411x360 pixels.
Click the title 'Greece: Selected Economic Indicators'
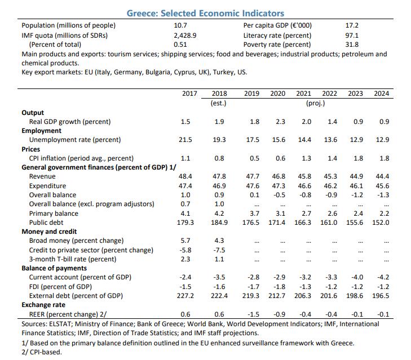pos(205,14)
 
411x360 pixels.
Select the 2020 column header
pos(277,94)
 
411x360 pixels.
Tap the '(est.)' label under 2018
pos(218,103)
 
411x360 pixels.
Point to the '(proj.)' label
pos(315,103)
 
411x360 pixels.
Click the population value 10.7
pos(180,25)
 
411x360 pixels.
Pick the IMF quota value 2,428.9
pos(185,35)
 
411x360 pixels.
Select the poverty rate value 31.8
pos(352,45)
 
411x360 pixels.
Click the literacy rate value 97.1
pos(352,35)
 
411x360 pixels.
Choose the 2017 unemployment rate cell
pos(185,140)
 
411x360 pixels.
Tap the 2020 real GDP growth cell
pos(280,122)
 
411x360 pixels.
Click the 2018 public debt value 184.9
pos(219,223)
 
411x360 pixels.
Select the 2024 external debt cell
pos(381,296)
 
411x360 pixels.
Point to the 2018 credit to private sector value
pos(219,250)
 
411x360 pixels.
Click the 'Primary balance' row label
pos(54,214)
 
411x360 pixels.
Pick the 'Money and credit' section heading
pos(49,232)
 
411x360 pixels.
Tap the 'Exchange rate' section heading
pos(43,305)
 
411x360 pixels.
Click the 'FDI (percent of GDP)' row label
pos(60,287)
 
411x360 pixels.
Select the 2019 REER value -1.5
pos(253,314)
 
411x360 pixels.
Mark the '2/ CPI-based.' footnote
pos(42,352)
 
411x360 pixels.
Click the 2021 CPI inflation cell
pos(306,158)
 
